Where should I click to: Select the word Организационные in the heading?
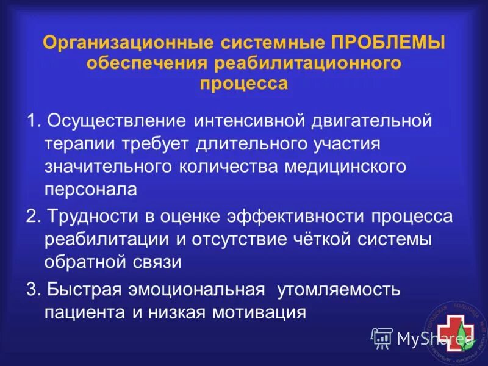pos(124,45)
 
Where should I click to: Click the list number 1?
pos(32,120)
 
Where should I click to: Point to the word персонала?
pos(90,190)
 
